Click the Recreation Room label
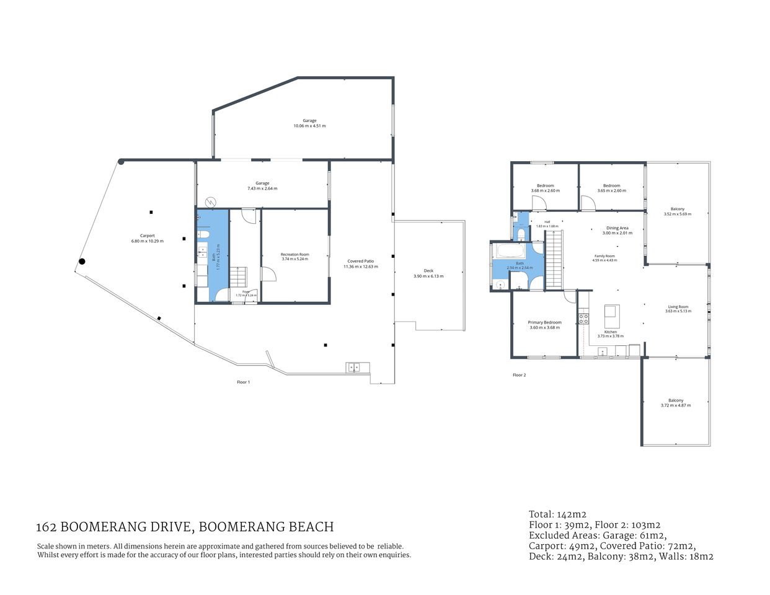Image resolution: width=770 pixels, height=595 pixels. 294,254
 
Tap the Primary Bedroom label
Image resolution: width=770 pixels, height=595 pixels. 544,322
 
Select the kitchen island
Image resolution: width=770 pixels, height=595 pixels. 612,317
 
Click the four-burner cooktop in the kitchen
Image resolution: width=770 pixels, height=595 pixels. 583,318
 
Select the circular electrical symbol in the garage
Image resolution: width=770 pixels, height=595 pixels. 211,201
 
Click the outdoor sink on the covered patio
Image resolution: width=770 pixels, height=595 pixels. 353,367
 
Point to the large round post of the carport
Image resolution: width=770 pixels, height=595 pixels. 81,262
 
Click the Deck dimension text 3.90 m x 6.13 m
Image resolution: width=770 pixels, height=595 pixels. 428,276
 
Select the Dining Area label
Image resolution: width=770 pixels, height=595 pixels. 617,228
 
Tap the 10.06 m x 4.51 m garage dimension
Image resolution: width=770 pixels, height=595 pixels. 309,126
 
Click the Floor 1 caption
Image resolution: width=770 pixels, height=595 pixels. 244,382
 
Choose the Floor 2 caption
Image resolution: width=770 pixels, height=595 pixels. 519,375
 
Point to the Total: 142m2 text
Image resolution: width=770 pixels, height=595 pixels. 557,514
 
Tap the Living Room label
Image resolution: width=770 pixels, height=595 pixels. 678,307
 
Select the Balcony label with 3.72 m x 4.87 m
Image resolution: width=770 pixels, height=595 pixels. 676,400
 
